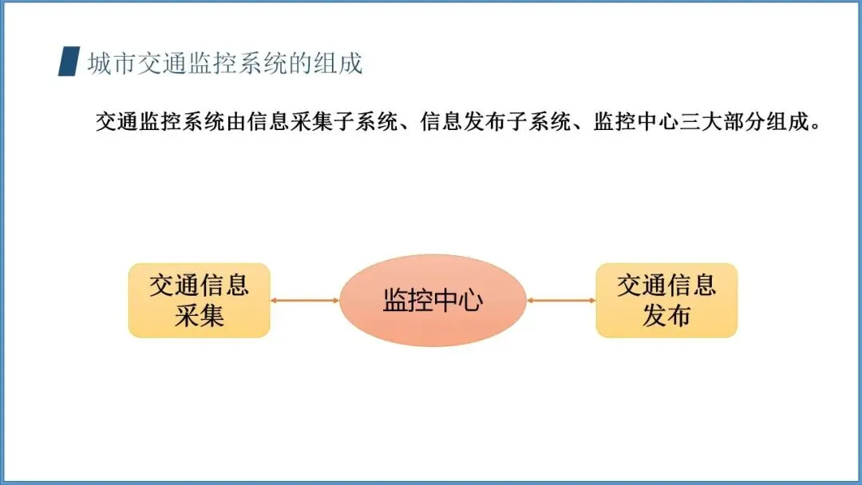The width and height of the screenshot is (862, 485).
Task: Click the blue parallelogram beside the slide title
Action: (69, 61)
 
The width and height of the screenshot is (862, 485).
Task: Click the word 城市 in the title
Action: (112, 62)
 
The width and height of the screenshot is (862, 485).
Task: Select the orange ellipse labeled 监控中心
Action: (433, 300)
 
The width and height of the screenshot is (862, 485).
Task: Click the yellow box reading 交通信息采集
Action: (200, 300)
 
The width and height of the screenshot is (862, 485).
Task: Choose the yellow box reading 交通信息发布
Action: (666, 300)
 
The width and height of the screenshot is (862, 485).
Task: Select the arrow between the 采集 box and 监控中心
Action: (305, 300)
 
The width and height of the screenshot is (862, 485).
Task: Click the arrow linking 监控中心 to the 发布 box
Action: (562, 300)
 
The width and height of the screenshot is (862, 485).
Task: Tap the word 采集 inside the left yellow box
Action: (200, 316)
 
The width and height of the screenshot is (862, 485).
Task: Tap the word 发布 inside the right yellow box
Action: (666, 316)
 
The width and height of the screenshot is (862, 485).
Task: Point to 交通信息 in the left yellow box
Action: (200, 286)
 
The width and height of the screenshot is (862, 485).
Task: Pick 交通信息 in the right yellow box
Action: (666, 286)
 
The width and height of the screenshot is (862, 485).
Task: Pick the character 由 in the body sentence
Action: (231, 123)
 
